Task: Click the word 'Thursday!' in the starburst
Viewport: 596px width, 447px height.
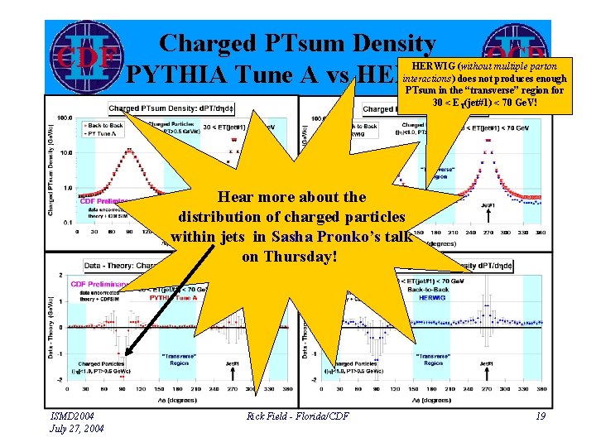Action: [x=290, y=257]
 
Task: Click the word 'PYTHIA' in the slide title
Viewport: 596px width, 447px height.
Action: [x=176, y=74]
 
